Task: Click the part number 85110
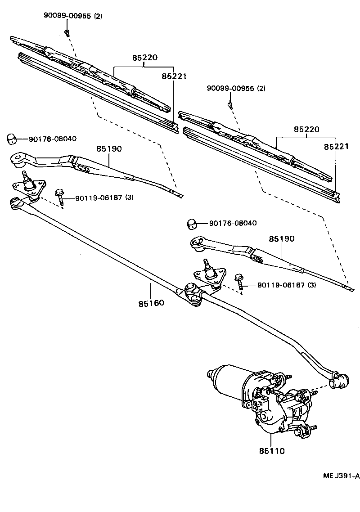click(271, 450)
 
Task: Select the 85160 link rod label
click(151, 303)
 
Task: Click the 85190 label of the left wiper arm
click(108, 148)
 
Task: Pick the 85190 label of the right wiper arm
click(282, 238)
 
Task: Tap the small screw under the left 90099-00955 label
click(67, 32)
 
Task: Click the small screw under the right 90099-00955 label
click(230, 104)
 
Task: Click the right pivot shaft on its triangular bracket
click(208, 270)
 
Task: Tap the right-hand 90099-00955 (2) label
click(236, 88)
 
